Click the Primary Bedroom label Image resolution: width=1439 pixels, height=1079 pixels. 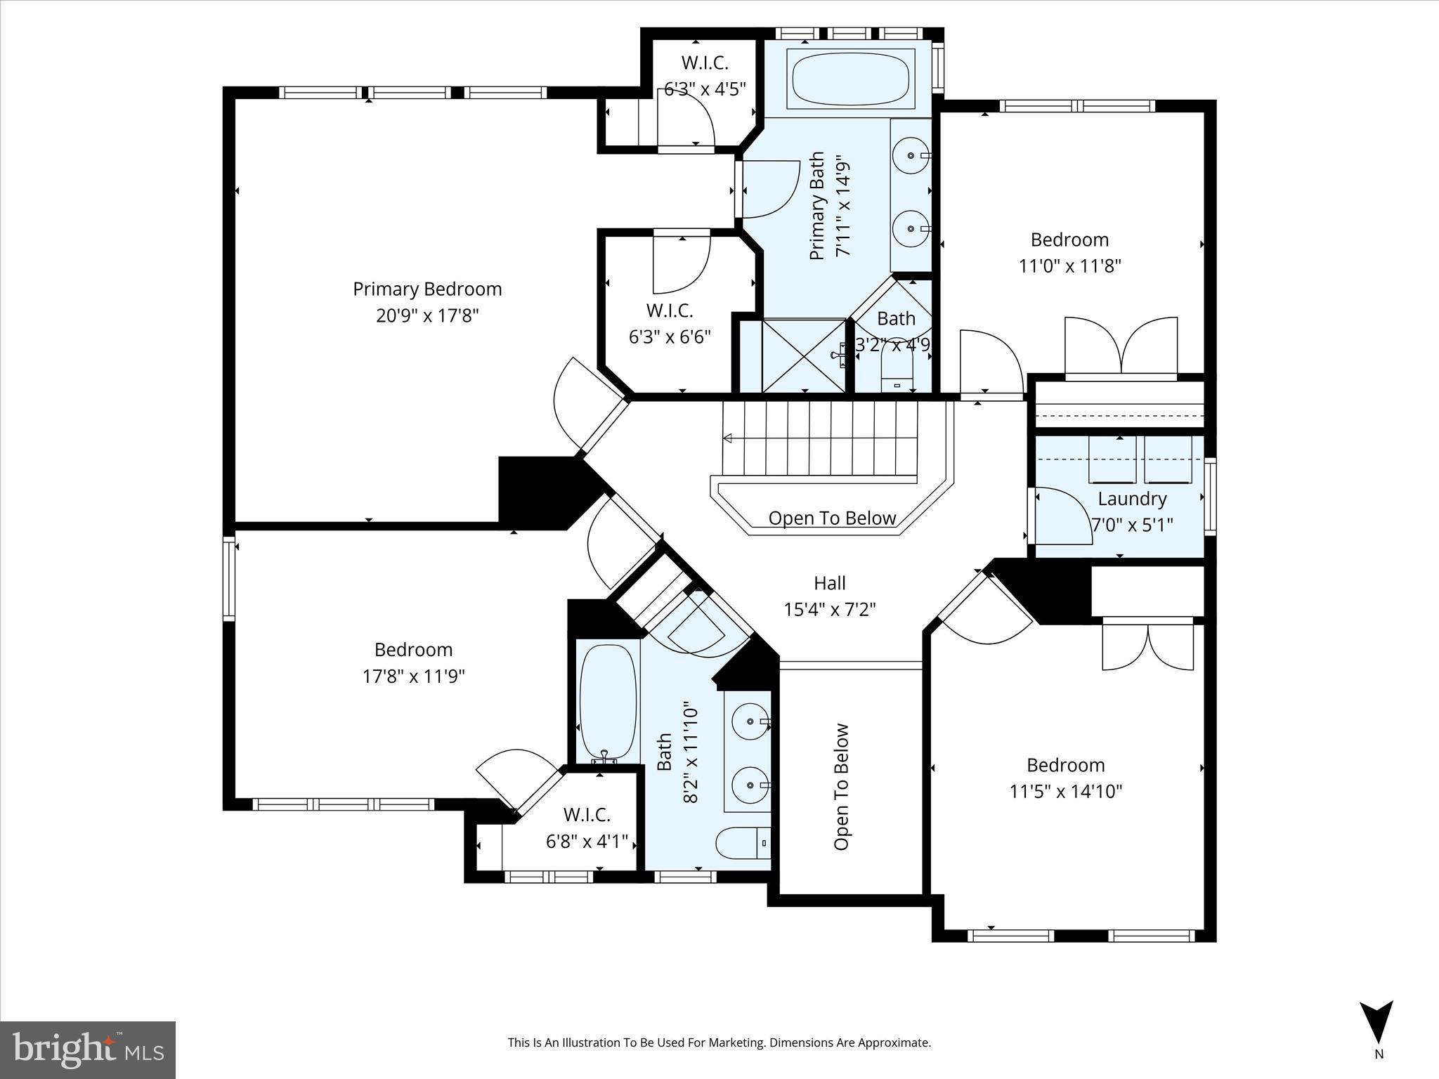tap(427, 289)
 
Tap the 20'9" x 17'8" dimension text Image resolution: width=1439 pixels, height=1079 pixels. tap(427, 315)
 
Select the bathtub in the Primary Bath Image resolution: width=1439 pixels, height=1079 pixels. tap(851, 78)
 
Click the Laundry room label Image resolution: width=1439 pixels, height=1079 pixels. tap(1132, 499)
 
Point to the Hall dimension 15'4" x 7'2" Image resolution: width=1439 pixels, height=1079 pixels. tap(830, 609)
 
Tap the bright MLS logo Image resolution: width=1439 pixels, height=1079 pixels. tap(88, 1049)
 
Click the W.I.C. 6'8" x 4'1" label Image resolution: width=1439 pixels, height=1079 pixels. tap(587, 828)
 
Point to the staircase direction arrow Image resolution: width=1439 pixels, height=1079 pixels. tap(729, 438)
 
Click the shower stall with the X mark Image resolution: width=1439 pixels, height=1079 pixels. tap(803, 355)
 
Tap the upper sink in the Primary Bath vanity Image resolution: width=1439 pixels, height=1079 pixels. tap(911, 155)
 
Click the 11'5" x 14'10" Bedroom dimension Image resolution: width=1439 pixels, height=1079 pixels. tap(1066, 792)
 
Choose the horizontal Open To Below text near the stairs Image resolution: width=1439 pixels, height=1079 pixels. tap(832, 518)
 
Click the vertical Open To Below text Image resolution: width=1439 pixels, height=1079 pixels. tap(842, 787)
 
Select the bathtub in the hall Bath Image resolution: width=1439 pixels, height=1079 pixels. tap(608, 702)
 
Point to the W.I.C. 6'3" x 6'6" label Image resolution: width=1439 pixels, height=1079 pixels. tap(670, 323)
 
